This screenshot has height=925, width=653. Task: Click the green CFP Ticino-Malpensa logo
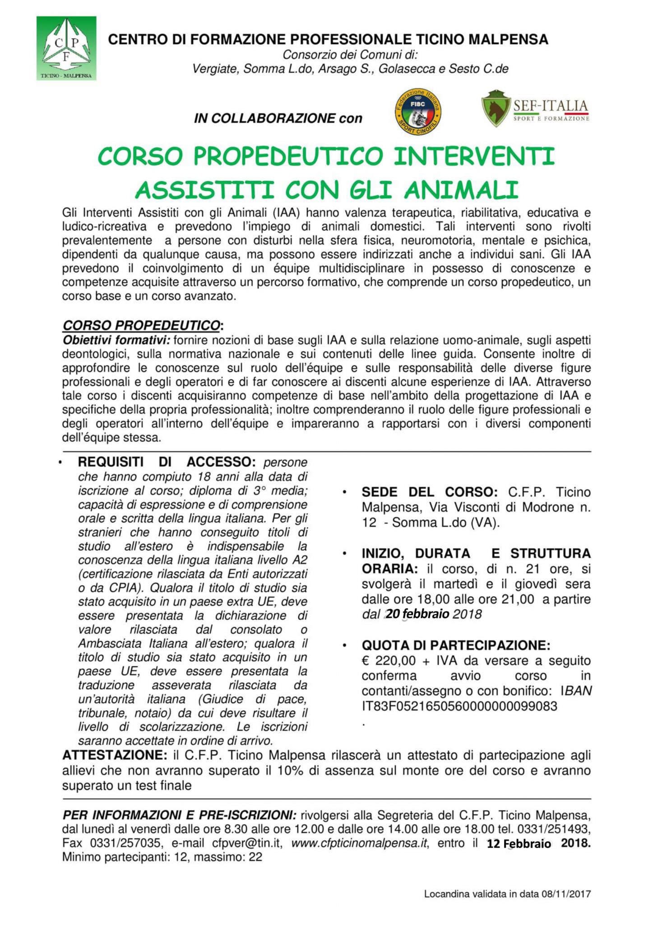pos(66,48)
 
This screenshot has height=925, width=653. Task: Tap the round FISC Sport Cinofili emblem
pos(418,111)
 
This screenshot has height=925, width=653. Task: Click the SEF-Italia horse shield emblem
pos(496,108)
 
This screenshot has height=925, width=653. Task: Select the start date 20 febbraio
pos(417,614)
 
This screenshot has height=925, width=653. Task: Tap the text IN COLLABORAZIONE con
pos(278,118)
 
